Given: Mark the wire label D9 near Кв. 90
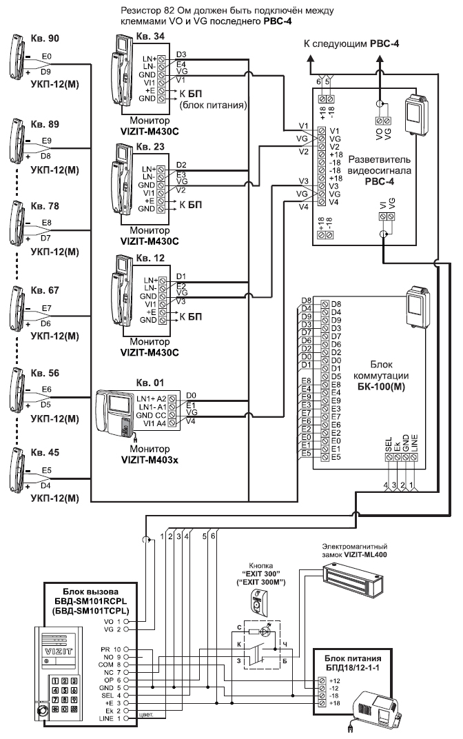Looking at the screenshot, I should pyautogui.click(x=45, y=71).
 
